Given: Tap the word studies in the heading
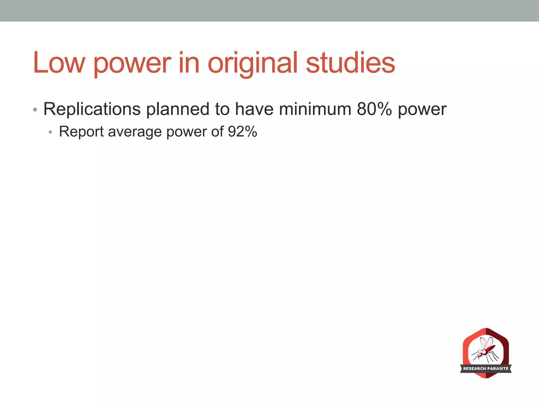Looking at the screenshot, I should pos(350,63).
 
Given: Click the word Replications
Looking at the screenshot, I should pos(92,109).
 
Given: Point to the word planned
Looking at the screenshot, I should pos(178,109).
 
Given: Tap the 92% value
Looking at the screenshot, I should pos(242,132).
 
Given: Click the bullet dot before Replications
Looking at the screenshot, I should pos(35,110).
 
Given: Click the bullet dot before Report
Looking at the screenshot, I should pos(50,132).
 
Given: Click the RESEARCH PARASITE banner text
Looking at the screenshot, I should pos(486,368).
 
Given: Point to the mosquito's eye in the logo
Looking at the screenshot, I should pos(480,351).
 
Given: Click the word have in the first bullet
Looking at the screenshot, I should pos(254,109).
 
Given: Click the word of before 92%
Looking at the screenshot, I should pos(217,132).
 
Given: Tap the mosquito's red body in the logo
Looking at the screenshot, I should pos(490,349).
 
